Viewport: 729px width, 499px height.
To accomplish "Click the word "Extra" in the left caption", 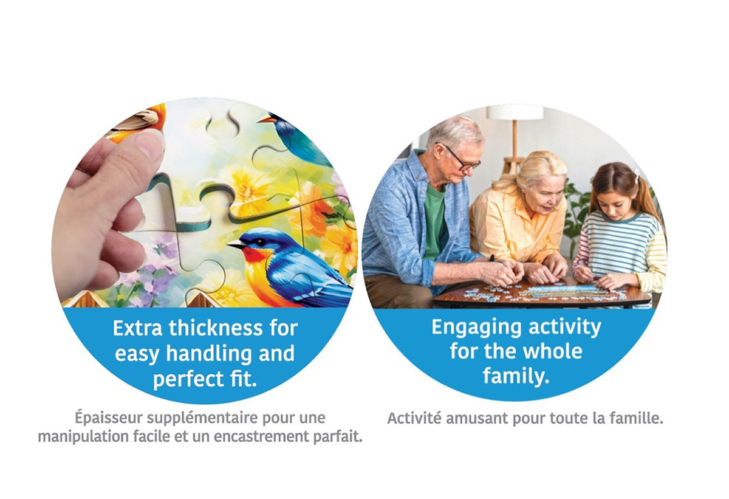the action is [137, 328].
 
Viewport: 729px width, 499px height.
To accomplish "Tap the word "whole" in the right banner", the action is [553, 351].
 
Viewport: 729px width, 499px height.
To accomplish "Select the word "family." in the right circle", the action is [516, 377].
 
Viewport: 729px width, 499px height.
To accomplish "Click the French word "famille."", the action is [637, 418].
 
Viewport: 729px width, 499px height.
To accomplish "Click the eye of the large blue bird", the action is [260, 242].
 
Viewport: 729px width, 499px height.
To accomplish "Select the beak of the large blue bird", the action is [236, 245].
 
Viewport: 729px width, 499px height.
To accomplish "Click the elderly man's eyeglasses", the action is [463, 159].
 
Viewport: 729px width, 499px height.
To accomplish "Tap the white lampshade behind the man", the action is [515, 112].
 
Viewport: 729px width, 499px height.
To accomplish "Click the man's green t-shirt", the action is [434, 221].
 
